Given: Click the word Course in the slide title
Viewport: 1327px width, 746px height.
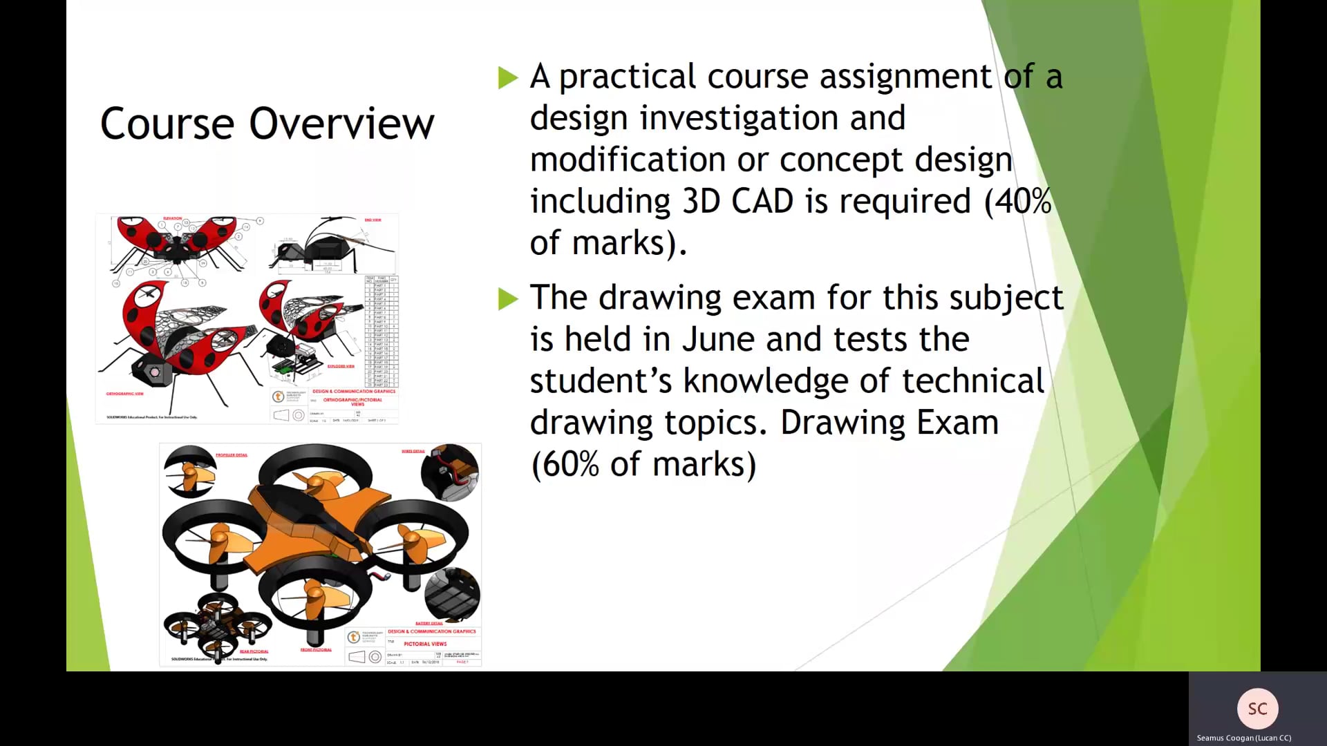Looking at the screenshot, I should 167,124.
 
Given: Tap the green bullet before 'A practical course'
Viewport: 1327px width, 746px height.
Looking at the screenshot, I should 508,77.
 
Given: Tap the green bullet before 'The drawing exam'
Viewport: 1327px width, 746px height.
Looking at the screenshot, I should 508,299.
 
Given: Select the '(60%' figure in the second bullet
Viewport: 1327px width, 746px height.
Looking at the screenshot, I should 565,464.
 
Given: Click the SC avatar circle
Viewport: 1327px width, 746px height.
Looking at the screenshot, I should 1257,709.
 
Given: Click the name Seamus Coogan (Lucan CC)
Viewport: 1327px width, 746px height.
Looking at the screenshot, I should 1243,738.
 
